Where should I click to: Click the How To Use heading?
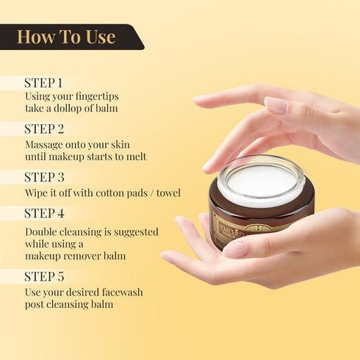click(x=66, y=37)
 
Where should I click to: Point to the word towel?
click(x=166, y=193)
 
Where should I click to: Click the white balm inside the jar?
click(x=261, y=180)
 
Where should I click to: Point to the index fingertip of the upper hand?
click(x=199, y=98)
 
